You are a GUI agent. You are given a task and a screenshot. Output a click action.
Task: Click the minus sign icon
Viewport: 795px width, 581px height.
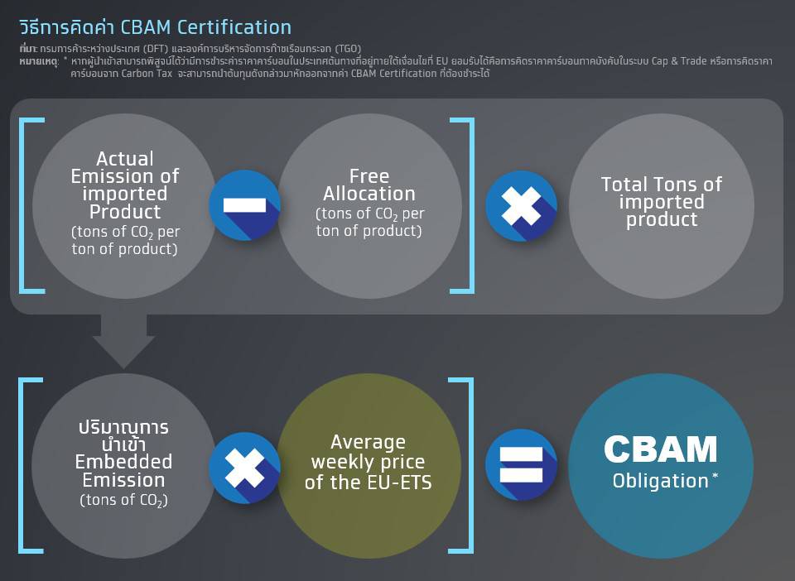(244, 205)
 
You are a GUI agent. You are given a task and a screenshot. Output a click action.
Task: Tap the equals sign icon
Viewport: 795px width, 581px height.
(521, 465)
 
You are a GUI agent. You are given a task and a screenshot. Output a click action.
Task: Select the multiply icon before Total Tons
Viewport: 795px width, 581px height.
(521, 206)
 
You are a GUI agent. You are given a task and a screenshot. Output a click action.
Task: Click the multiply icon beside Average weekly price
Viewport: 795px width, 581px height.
(244, 468)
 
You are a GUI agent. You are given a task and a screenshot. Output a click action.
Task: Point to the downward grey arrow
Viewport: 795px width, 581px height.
(123, 340)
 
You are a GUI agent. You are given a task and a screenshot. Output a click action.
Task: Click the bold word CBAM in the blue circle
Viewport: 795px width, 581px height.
(661, 449)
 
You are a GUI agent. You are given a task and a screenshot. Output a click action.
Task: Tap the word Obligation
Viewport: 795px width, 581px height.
(660, 481)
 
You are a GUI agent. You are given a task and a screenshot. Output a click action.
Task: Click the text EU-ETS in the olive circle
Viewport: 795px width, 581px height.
(400, 483)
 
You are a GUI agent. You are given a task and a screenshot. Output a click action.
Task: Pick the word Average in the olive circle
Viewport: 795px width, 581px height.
(368, 442)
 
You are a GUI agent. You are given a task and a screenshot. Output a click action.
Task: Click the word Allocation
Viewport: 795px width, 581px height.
(369, 194)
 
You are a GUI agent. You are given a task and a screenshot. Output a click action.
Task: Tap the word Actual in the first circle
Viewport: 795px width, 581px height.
(125, 159)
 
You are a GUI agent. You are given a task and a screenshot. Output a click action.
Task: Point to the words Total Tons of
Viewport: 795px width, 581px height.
(662, 185)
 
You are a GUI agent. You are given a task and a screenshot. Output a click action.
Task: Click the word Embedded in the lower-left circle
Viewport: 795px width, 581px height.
(123, 462)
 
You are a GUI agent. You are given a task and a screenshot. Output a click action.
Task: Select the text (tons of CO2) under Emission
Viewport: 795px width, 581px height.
(123, 501)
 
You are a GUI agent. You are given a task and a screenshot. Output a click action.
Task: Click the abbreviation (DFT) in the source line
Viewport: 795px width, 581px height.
(155, 49)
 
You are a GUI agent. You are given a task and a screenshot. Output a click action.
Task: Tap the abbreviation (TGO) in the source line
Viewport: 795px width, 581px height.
(348, 49)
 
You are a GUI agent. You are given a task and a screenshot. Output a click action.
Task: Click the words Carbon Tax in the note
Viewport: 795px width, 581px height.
(147, 74)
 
